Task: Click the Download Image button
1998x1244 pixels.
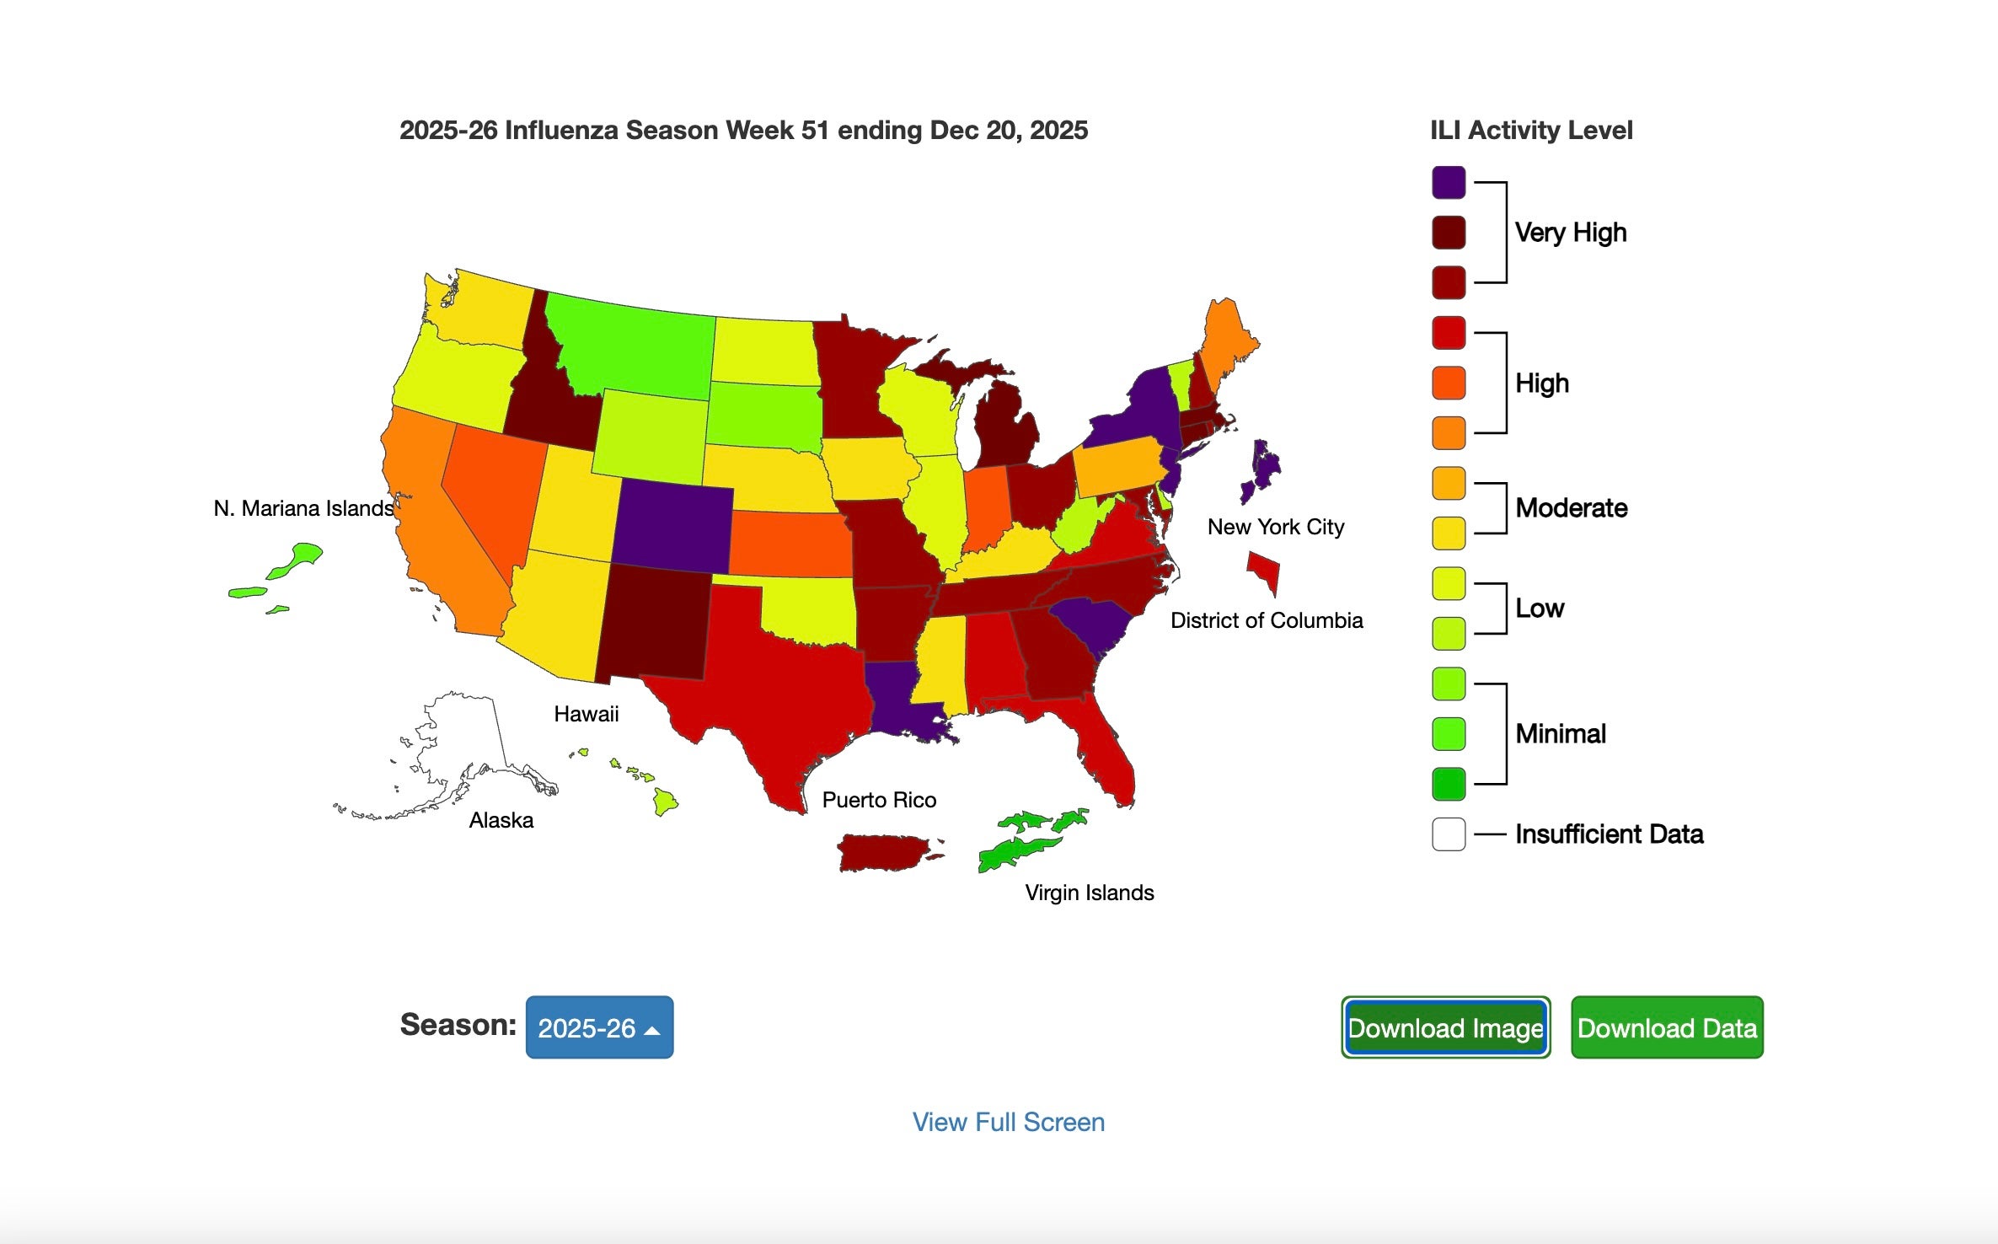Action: pyautogui.click(x=1446, y=1027)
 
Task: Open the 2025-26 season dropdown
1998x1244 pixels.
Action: pyautogui.click(x=599, y=1027)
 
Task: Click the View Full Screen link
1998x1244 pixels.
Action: pyautogui.click(x=1008, y=1122)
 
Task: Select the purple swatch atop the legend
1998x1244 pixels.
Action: pyautogui.click(x=1449, y=182)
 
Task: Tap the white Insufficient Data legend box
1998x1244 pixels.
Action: pyautogui.click(x=1449, y=834)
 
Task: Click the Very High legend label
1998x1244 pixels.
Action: pyautogui.click(x=1570, y=233)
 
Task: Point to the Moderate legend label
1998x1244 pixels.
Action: pyautogui.click(x=1571, y=508)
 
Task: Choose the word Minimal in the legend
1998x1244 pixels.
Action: pyautogui.click(x=1561, y=734)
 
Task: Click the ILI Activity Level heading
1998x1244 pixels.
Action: pyautogui.click(x=1530, y=130)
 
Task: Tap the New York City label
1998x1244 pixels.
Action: pyautogui.click(x=1275, y=527)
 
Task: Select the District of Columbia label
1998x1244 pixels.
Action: pyautogui.click(x=1266, y=620)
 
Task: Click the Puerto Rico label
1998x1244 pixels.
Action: pyautogui.click(x=879, y=800)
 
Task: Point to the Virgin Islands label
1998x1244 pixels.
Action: pyautogui.click(x=1089, y=893)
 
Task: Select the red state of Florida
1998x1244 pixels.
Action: pyautogui.click(x=1104, y=750)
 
